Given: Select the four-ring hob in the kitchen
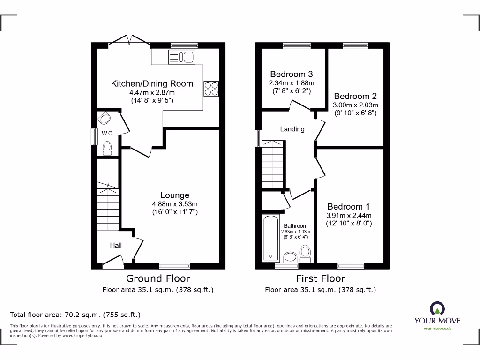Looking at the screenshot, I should point(210,89).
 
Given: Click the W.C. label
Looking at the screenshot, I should point(108,133).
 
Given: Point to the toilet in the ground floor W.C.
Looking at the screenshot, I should point(108,149).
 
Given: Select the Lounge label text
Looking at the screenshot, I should point(175,195).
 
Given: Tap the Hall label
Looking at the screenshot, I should point(116,245).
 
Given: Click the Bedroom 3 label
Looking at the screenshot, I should point(292,74).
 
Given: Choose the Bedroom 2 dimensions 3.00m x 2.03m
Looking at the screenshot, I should point(355,105).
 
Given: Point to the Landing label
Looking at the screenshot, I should point(292,129).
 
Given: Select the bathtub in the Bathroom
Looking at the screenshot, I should point(270,238).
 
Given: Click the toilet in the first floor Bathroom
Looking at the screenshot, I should point(306,254).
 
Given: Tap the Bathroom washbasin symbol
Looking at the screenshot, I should point(290,257).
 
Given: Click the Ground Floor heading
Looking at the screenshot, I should point(158,278).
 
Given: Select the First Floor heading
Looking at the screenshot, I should point(320,278).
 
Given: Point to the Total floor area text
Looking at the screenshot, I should point(75,315).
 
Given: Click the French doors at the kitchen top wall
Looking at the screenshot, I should point(130,41).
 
